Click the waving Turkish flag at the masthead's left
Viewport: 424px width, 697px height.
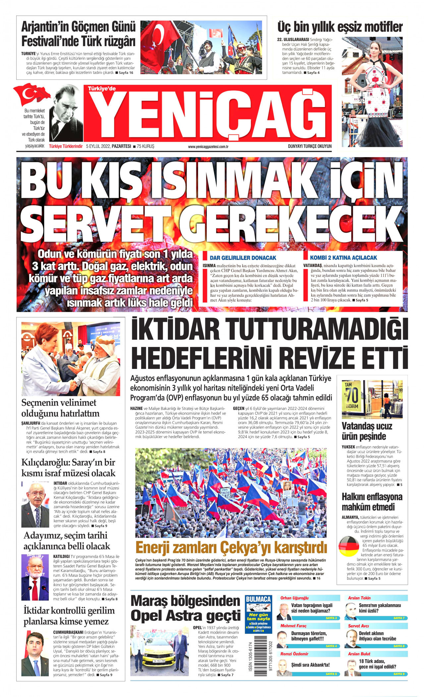pyautogui.click(x=31, y=94)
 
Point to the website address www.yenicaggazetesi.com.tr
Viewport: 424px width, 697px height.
pyautogui.click(x=208, y=146)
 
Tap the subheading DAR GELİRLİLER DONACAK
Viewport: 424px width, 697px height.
pyautogui.click(x=243, y=258)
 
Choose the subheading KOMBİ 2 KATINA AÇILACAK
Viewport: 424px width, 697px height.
pyautogui.click(x=343, y=258)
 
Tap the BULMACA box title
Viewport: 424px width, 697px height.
pyautogui.click(x=258, y=599)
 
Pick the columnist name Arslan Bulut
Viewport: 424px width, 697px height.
pyautogui.click(x=359, y=654)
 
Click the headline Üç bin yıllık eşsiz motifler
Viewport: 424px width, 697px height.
pyautogui.click(x=340, y=27)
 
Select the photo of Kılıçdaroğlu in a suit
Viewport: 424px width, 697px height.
pyautogui.click(x=35, y=505)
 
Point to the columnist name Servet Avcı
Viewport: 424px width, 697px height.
pyautogui.click(x=358, y=626)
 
